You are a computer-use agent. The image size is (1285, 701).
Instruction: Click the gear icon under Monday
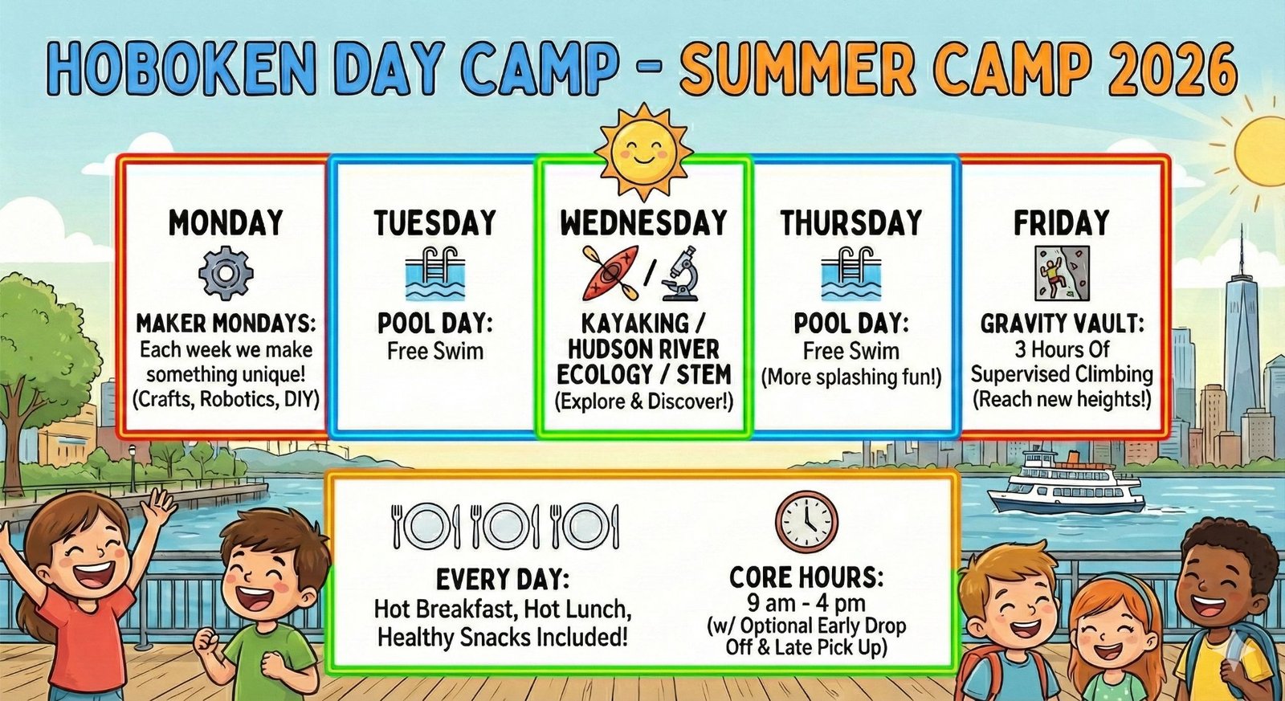pyautogui.click(x=226, y=273)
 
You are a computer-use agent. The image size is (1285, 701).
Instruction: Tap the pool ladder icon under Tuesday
pyautogui.click(x=434, y=274)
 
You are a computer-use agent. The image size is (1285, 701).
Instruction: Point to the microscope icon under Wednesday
pyautogui.click(x=680, y=273)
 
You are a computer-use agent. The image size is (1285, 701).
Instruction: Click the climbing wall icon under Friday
pyautogui.click(x=1062, y=274)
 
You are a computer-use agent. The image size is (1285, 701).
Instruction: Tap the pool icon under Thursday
pyautogui.click(x=851, y=274)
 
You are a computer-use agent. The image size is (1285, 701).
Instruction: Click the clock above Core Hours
pyautogui.click(x=806, y=521)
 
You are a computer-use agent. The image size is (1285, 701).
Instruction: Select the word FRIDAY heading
pyautogui.click(x=1061, y=223)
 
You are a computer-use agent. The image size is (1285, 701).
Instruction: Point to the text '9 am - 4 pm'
pyautogui.click(x=806, y=603)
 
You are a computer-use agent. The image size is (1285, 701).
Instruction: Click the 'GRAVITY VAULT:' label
pyautogui.click(x=1062, y=324)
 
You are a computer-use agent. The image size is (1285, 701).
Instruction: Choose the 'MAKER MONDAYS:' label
pyautogui.click(x=226, y=324)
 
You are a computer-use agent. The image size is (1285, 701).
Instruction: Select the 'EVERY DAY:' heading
pyautogui.click(x=503, y=580)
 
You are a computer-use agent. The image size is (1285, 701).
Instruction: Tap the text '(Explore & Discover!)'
pyautogui.click(x=643, y=401)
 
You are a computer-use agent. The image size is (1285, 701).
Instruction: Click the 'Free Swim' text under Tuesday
pyautogui.click(x=434, y=351)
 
